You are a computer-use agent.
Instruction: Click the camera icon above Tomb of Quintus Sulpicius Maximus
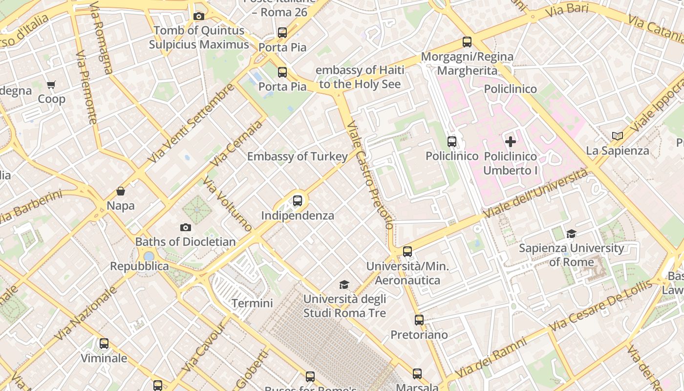tap(198, 17)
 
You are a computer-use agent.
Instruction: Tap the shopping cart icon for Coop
tap(51, 85)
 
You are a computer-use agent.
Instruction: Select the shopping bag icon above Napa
tap(121, 191)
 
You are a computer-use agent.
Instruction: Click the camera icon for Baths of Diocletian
tap(185, 227)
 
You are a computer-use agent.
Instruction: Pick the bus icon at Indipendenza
tap(298, 201)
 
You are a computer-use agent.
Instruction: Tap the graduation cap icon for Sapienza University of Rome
tap(571, 234)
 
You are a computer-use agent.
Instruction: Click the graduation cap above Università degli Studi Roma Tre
tap(344, 285)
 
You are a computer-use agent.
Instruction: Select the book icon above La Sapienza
tap(618, 136)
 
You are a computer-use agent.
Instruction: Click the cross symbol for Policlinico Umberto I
tap(511, 142)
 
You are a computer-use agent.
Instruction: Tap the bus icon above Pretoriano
tap(419, 320)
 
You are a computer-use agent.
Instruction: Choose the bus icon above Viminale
tap(104, 344)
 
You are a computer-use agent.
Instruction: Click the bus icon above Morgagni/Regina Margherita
tap(467, 42)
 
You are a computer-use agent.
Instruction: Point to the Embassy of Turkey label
tap(297, 156)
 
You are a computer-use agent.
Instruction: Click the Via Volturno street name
tap(227, 204)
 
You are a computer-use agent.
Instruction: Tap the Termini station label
tap(252, 303)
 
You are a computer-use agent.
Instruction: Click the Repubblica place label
tap(139, 266)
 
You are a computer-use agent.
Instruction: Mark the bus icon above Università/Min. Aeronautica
tap(407, 252)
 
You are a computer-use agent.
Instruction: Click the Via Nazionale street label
tap(85, 313)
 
